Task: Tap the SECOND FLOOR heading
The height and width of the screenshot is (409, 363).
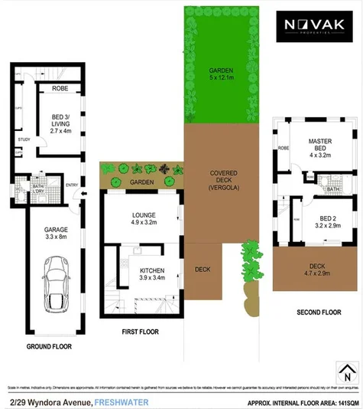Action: [316, 312]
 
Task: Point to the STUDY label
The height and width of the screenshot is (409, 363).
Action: [24, 139]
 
